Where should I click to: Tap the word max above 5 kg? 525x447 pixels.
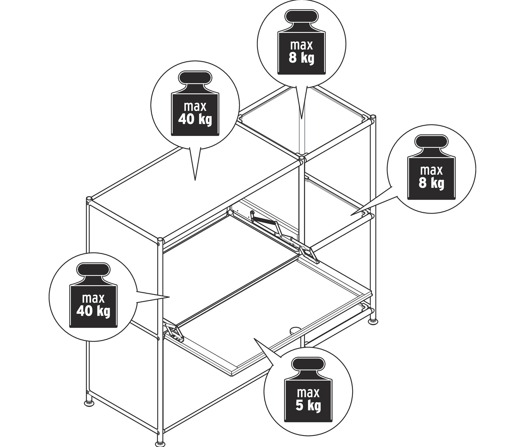(308, 393)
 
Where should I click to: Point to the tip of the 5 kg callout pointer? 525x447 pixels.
(254, 338)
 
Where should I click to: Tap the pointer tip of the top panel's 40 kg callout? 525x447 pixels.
(195, 180)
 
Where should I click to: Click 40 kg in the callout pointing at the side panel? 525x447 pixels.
(93, 311)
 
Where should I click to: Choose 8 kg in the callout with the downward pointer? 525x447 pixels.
(301, 58)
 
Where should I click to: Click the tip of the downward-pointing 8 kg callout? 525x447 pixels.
(301, 119)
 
